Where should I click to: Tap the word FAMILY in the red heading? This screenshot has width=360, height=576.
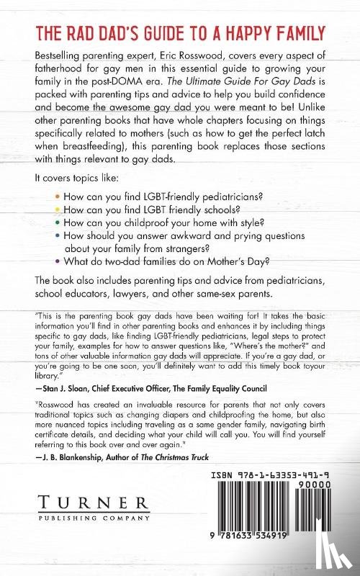click(x=291, y=33)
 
